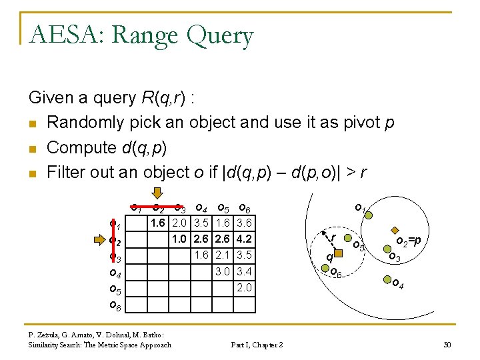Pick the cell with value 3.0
pyautogui.click(x=223, y=271)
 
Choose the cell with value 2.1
pyautogui.click(x=223, y=254)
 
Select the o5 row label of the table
pyautogui.click(x=115, y=290)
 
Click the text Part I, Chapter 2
pyautogui.click(x=257, y=344)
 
